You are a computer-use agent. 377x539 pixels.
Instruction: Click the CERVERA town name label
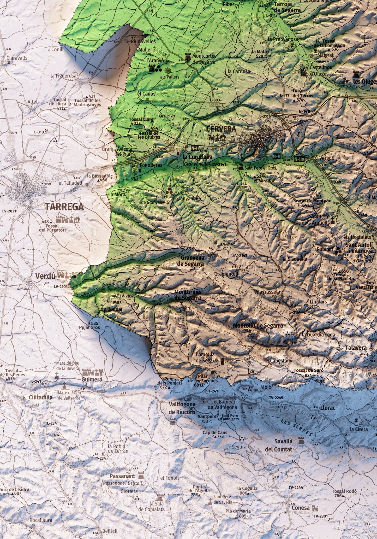[221, 129]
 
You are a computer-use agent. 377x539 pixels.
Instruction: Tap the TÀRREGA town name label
[64, 207]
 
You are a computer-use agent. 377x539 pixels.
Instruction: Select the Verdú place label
[45, 276]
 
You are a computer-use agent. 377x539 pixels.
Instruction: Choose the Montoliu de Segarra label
[258, 326]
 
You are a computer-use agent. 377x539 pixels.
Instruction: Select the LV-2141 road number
[219, 165]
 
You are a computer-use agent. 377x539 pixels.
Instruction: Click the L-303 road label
[215, 100]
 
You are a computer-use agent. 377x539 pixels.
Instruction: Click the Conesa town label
[301, 508]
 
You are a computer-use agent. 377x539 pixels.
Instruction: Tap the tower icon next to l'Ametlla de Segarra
[223, 361]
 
